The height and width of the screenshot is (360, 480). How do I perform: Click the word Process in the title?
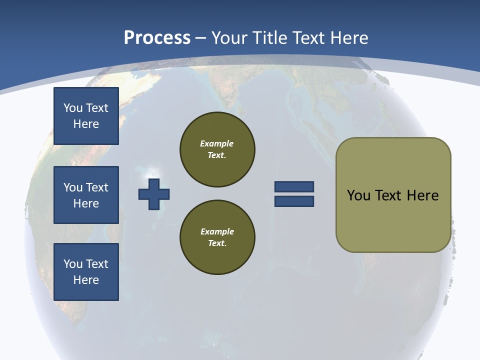tap(157, 38)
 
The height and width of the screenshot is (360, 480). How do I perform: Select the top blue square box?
tap(86, 116)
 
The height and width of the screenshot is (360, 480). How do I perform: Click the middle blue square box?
tap(86, 195)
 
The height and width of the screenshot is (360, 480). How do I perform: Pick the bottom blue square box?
tap(86, 271)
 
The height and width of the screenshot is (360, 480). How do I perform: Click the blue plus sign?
tap(154, 194)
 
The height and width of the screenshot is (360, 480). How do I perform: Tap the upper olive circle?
tap(217, 149)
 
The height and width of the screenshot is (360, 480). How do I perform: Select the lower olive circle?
tap(217, 237)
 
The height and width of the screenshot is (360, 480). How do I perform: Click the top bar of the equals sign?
tap(294, 187)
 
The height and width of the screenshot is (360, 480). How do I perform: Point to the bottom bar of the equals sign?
tap(294, 201)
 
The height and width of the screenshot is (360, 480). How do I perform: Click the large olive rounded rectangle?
tap(393, 194)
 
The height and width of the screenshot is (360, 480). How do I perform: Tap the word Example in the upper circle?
tap(217, 143)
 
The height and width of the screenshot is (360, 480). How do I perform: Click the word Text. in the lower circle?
tap(217, 243)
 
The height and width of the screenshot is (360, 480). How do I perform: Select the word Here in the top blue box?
tap(86, 124)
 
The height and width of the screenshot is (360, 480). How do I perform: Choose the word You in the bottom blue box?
tap(72, 264)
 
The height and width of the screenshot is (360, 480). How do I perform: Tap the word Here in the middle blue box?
tap(86, 203)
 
